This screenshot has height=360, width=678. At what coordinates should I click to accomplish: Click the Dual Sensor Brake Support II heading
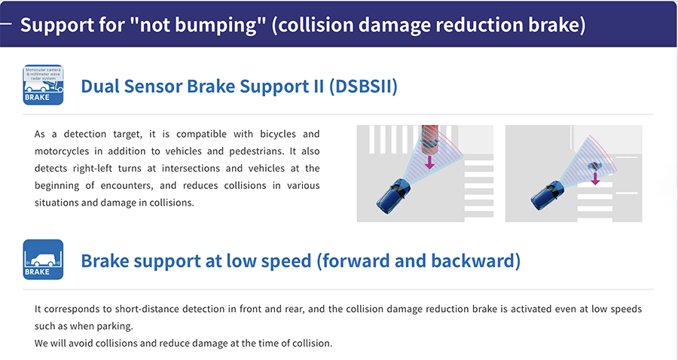(239, 86)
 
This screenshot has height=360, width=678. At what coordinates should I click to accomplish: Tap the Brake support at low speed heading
(301, 261)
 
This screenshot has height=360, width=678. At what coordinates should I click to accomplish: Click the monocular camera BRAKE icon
(43, 84)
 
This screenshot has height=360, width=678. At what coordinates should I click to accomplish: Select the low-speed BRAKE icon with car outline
(43, 259)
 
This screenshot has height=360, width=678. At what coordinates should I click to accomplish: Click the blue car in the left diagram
(393, 196)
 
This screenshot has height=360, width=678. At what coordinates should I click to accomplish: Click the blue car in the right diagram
(548, 195)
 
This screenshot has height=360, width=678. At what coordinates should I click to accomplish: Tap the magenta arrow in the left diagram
(429, 162)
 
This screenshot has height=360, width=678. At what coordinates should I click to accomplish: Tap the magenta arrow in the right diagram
(595, 178)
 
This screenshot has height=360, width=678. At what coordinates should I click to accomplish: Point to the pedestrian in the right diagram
(594, 166)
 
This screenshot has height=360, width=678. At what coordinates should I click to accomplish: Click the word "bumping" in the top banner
(197, 26)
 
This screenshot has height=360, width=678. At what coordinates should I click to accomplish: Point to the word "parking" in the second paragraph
(117, 326)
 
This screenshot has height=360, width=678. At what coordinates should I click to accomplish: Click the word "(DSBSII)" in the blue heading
(363, 86)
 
